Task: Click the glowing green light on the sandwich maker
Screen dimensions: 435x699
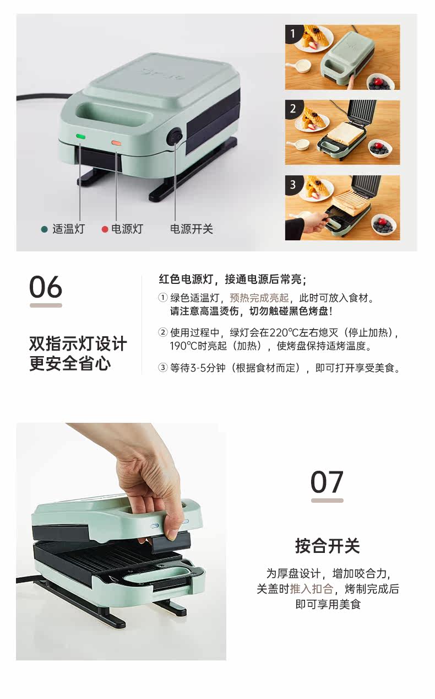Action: [x=81, y=136]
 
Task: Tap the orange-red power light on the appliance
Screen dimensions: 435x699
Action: [x=117, y=143]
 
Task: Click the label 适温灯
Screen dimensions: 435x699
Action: [x=68, y=229]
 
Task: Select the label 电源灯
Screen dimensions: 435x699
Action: [x=127, y=229]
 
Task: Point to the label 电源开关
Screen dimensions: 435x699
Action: [x=191, y=229]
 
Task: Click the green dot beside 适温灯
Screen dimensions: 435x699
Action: [x=45, y=229]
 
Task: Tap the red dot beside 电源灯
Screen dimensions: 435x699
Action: [x=105, y=229]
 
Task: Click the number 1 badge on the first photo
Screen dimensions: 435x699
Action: [x=292, y=33]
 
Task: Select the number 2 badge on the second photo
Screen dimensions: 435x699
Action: [x=292, y=109]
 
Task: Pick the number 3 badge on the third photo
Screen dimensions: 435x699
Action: [x=292, y=184]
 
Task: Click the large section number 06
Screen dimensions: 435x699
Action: [x=46, y=287]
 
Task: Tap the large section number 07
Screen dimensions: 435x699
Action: [x=327, y=482]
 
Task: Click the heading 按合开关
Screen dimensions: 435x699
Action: [x=328, y=546]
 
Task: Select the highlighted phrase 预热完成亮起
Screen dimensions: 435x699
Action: [x=259, y=298]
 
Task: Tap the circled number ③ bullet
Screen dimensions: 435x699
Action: [x=162, y=368]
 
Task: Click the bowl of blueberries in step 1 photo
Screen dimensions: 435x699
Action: [x=380, y=82]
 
